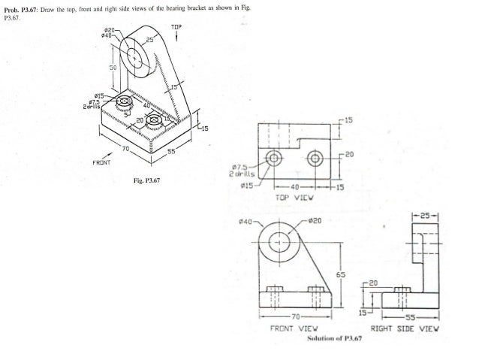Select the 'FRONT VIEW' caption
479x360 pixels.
[x=291, y=328]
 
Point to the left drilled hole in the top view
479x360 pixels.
[x=274, y=159]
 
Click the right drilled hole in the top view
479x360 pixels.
[x=314, y=159]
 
